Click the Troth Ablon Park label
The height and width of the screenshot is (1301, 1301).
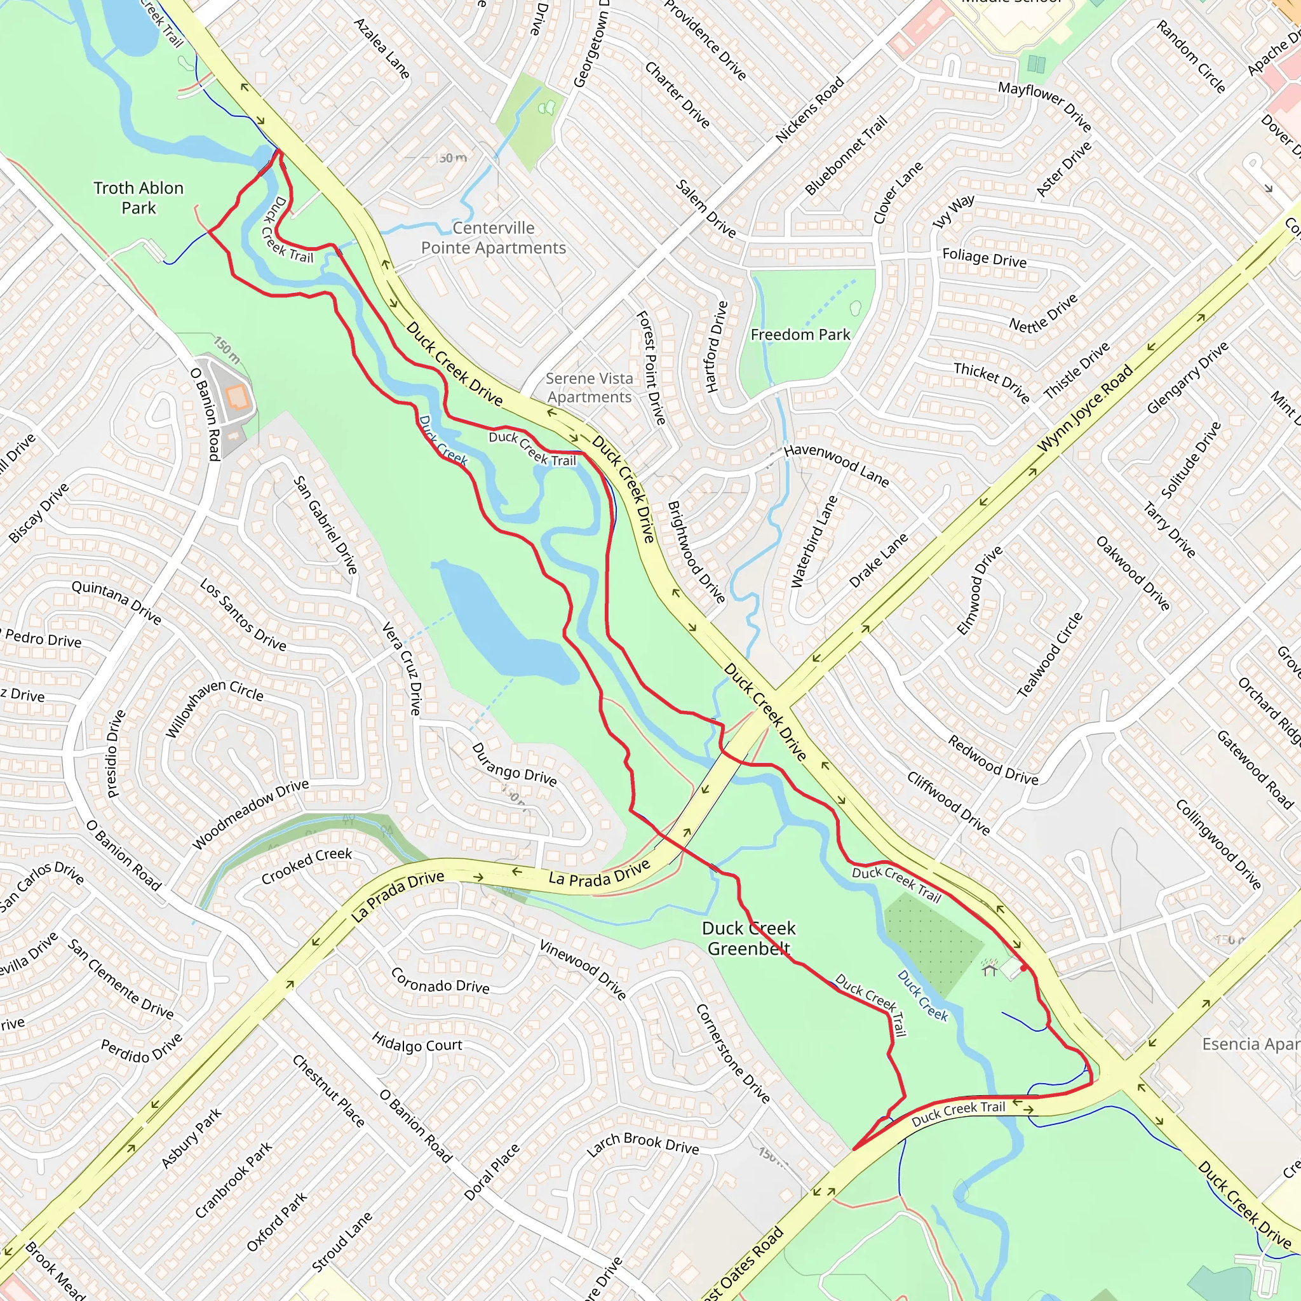pos(138,198)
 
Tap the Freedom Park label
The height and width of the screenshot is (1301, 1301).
pos(800,335)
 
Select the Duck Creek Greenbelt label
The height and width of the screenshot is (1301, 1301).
pos(748,938)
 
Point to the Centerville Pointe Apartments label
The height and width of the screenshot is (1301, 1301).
pos(493,238)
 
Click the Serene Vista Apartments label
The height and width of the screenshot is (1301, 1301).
pos(590,388)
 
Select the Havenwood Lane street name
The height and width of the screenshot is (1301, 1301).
pos(837,464)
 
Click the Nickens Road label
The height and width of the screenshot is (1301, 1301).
pos(809,110)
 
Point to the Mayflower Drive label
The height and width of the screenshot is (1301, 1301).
pos(1044,105)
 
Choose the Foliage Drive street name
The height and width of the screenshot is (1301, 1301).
pos(984,257)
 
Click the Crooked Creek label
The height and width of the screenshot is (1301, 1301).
pos(306,865)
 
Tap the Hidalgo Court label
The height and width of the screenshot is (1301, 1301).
pos(417,1044)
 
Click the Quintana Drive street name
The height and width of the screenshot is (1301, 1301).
pos(116,602)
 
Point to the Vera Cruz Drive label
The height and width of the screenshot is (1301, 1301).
pos(402,669)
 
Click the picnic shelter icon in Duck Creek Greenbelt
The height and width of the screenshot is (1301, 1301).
pos(989,969)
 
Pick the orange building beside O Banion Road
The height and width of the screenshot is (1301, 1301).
pos(238,397)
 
